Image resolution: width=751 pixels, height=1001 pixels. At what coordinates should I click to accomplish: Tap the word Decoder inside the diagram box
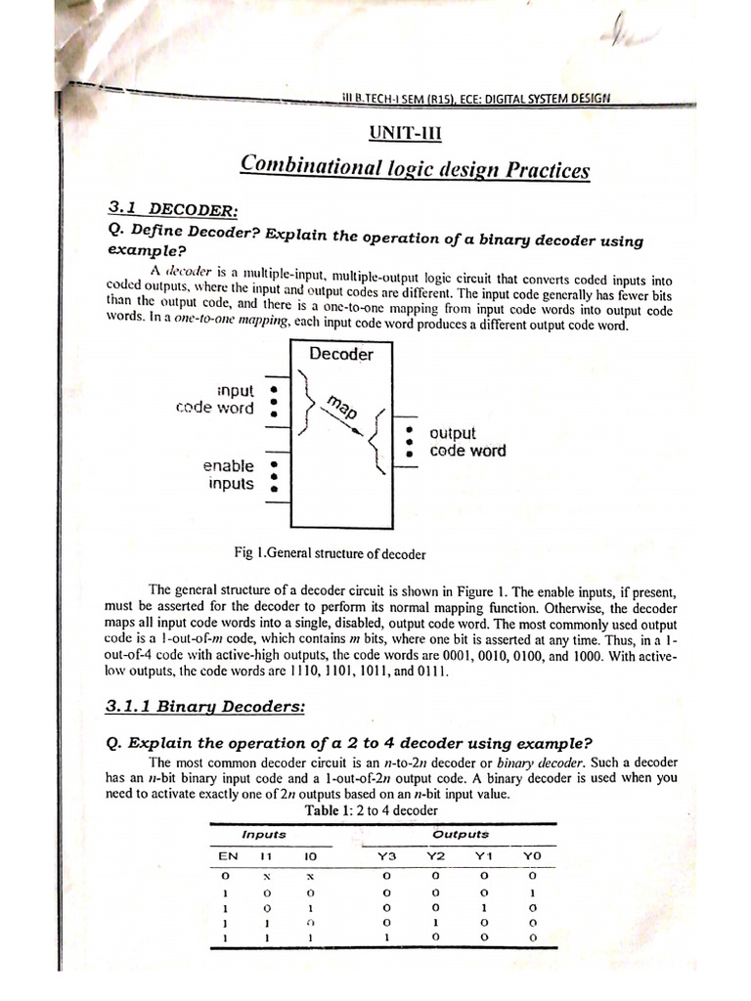(341, 354)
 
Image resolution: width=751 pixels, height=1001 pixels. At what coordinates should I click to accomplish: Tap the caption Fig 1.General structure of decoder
(331, 554)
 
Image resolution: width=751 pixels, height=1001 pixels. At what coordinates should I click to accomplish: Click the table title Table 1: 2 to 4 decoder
(371, 810)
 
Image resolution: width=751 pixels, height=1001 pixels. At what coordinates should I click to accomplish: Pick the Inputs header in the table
(264, 835)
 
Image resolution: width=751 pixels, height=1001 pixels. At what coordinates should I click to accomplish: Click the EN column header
(227, 856)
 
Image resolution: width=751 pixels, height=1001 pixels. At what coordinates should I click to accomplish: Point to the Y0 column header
(532, 857)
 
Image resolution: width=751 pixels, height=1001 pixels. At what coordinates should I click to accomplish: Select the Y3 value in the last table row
(387, 938)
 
